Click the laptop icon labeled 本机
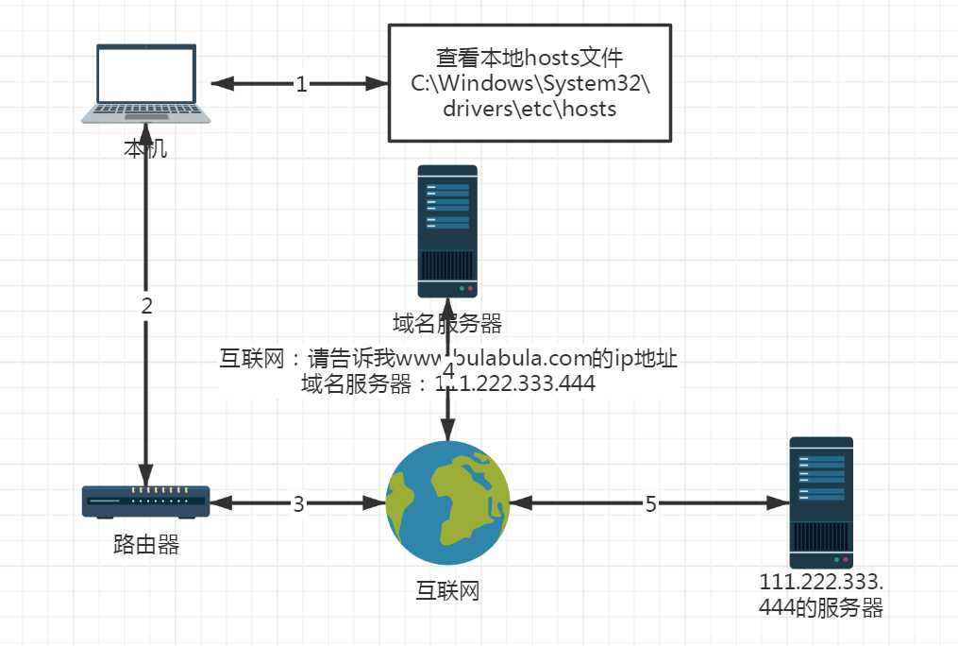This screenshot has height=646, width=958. point(145,83)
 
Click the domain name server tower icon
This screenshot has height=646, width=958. point(447,231)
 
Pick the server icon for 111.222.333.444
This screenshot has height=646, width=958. point(821,501)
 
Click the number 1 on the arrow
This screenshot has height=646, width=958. point(301,85)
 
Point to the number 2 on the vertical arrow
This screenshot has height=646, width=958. point(146,305)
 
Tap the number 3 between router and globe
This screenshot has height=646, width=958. point(298,504)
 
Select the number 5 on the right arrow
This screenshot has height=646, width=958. point(650,504)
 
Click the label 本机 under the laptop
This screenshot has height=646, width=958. point(145,149)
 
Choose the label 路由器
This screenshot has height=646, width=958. point(145,545)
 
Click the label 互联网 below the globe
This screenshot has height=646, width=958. point(448,591)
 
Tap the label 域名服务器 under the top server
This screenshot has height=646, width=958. point(447,323)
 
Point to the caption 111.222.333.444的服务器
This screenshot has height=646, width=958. point(821,595)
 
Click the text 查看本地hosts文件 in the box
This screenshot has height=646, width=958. point(529,58)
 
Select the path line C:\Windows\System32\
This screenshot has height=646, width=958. point(529,83)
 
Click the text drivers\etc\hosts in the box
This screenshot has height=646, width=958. point(529,109)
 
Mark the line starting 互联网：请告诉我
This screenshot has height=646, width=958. point(448,359)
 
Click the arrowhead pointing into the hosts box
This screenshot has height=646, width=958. point(379,84)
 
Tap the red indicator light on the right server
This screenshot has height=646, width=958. point(847,559)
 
